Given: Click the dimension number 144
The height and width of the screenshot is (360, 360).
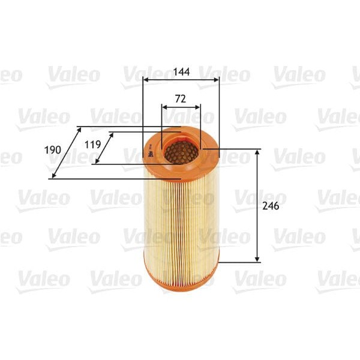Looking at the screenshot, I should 181,72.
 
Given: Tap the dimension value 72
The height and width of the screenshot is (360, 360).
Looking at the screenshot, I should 181,97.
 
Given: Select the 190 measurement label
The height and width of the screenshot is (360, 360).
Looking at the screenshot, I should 53,149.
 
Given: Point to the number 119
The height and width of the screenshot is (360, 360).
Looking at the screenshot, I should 91,144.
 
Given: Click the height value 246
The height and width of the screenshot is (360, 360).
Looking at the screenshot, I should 271,206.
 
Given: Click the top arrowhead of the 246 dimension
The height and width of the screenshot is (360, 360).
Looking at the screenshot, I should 257,152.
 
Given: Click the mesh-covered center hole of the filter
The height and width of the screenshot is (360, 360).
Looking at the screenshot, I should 181,152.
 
